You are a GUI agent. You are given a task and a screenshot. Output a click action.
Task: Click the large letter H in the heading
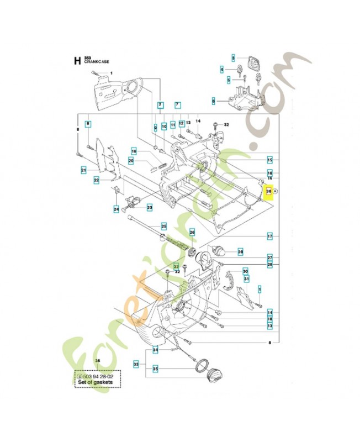pyautogui.click(x=77, y=61)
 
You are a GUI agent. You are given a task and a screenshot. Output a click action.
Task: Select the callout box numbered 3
pyautogui.click(x=233, y=57)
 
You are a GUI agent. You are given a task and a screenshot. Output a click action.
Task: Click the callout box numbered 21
pyautogui.click(x=83, y=170)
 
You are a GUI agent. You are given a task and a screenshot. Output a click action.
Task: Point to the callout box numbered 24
pyautogui.click(x=116, y=209)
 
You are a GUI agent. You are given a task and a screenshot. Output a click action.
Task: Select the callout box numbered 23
pyautogui.click(x=149, y=207)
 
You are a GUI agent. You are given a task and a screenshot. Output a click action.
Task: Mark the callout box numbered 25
pyautogui.click(x=164, y=226)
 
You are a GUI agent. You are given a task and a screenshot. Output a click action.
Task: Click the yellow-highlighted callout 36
pyautogui.click(x=269, y=191)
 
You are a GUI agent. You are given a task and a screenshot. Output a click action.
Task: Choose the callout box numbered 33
pyautogui.click(x=136, y=365)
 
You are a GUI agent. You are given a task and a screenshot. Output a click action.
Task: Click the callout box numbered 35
pyautogui.click(x=155, y=369)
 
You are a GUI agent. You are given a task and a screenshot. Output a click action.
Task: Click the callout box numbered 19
pyautogui.click(x=134, y=151)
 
